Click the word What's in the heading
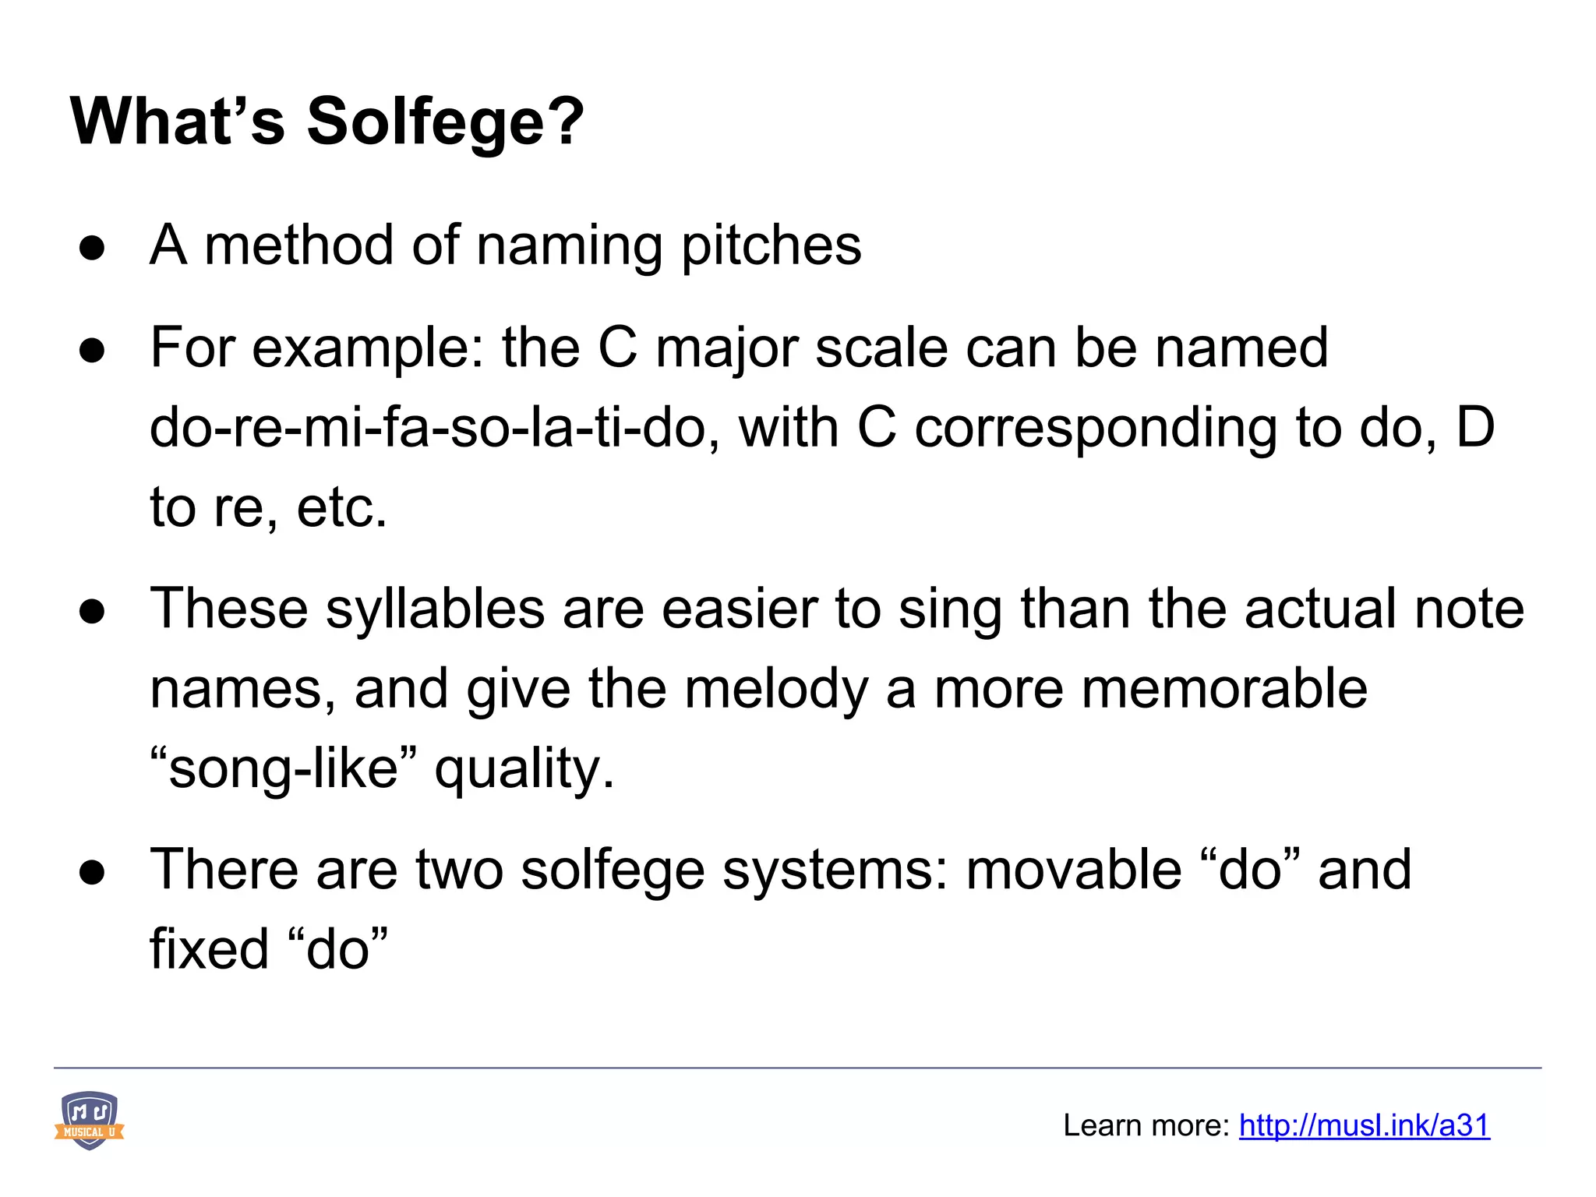pos(178,122)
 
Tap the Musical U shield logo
pos(90,1121)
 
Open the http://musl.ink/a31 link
pos(1364,1125)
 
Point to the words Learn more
pos(1146,1125)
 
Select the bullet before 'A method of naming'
pos(92,248)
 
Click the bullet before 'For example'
pos(92,351)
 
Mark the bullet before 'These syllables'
pos(92,612)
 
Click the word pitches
pos(772,246)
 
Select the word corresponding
pos(1095,429)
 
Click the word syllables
pos(435,609)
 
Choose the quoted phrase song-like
pos(284,769)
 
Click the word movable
pos(1073,870)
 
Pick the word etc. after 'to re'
pos(341,508)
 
